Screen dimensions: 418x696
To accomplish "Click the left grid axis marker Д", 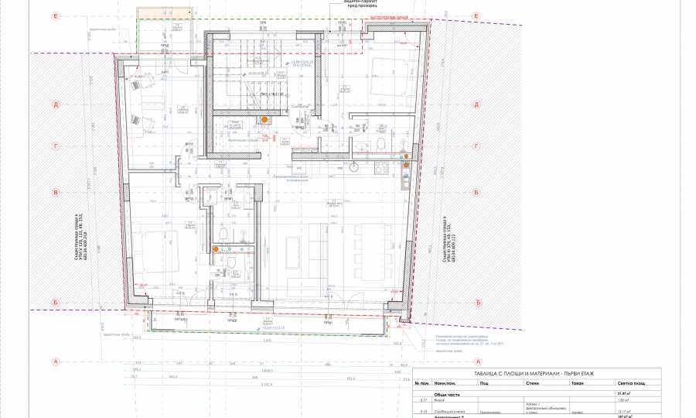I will click(x=56, y=104).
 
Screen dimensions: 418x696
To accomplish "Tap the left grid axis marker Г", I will click(x=56, y=145).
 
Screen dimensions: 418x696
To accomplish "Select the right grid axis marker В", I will click(x=478, y=193).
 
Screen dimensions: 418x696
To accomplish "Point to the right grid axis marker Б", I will click(x=478, y=303).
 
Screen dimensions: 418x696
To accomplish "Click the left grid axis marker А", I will click(x=56, y=361).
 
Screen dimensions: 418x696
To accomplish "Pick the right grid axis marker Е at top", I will click(x=478, y=15).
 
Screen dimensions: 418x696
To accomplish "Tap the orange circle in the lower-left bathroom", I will click(x=216, y=249).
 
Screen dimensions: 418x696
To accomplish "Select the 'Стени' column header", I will click(x=532, y=383).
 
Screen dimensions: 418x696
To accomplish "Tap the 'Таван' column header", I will click(x=576, y=383).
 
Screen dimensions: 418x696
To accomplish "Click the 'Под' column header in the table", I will click(x=484, y=383).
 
